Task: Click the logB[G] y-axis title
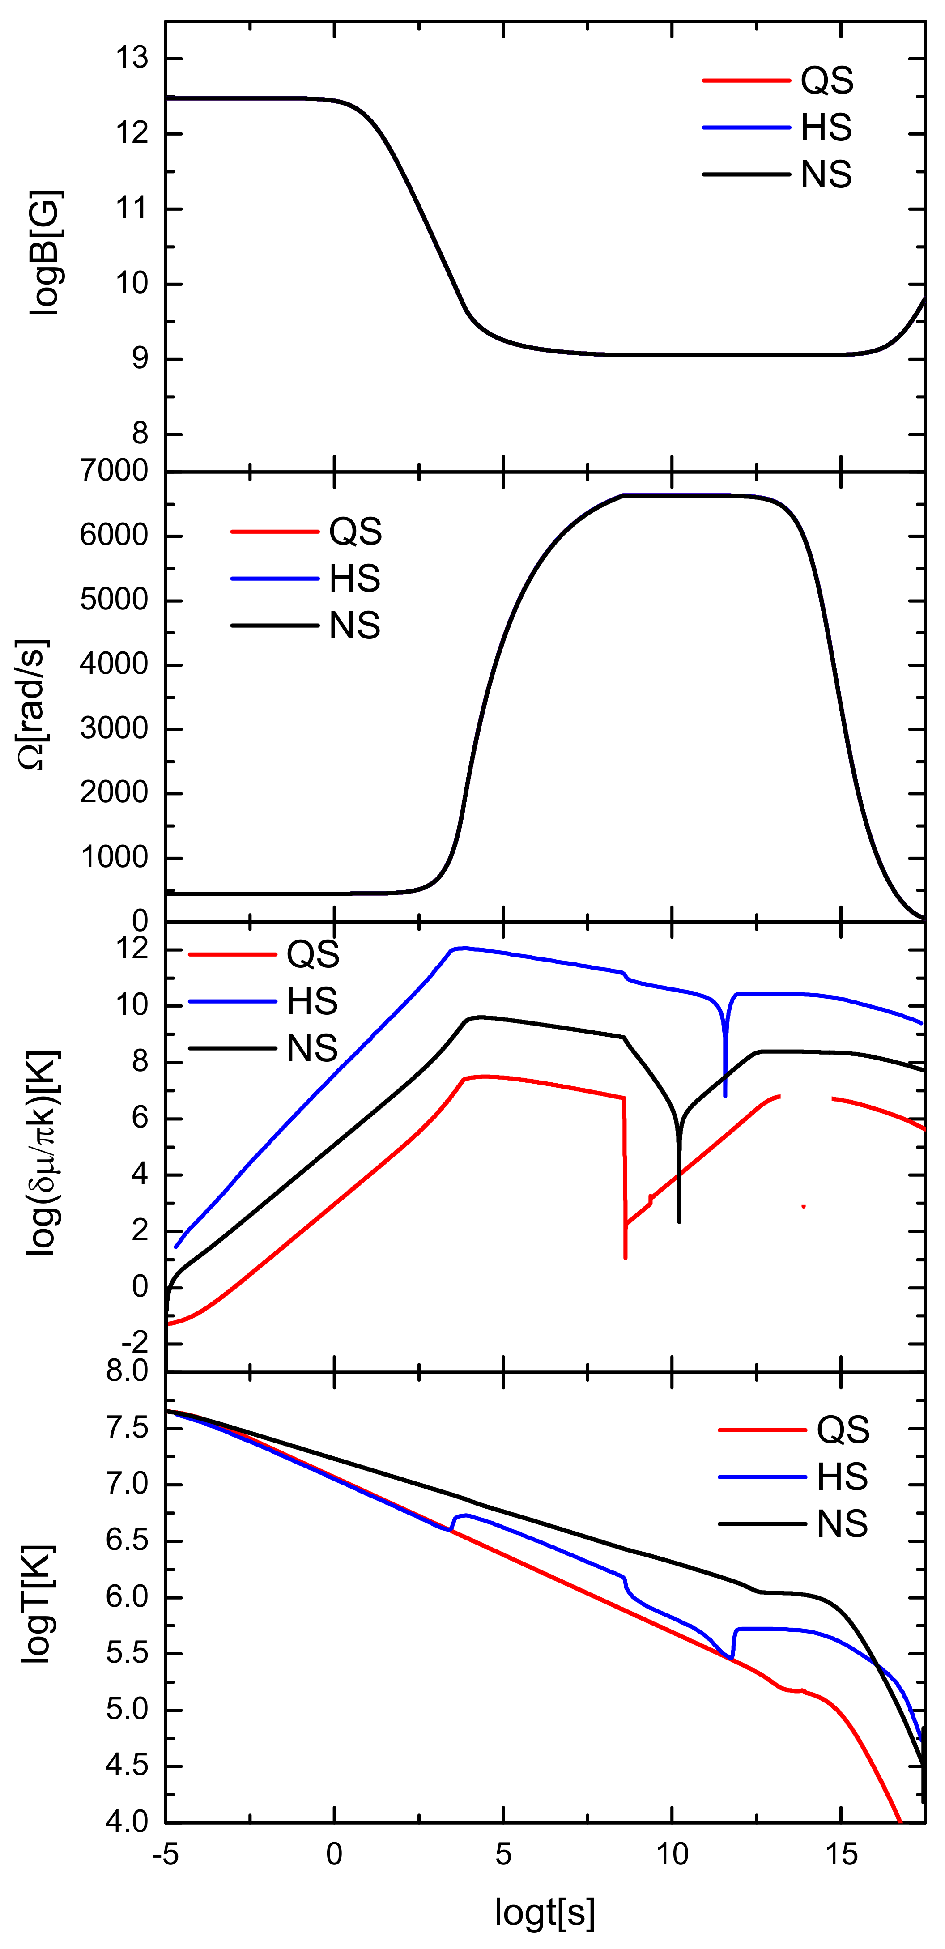47,253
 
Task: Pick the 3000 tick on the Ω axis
115,728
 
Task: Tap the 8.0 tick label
127,1370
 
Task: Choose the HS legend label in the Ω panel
355,579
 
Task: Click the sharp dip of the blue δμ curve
725,1095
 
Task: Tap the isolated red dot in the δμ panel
804,1206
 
